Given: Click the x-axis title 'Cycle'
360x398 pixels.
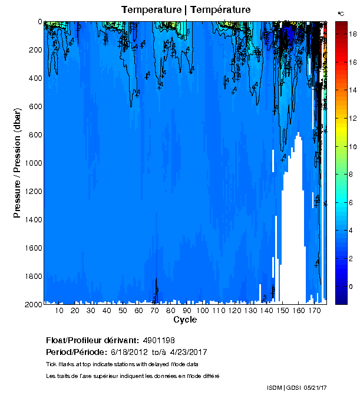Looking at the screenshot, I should coord(185,320).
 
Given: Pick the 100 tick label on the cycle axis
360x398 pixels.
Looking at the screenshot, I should coord(202,311).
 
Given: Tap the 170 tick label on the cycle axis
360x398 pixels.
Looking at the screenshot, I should coord(314,311).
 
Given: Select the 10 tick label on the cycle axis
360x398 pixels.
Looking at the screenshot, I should coord(59,311).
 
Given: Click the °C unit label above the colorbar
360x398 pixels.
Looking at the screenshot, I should coord(341,13).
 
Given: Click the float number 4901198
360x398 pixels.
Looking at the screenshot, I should coord(159,340).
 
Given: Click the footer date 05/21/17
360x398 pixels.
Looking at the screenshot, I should coord(315,387).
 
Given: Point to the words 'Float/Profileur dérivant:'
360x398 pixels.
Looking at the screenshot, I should coord(92,340).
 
